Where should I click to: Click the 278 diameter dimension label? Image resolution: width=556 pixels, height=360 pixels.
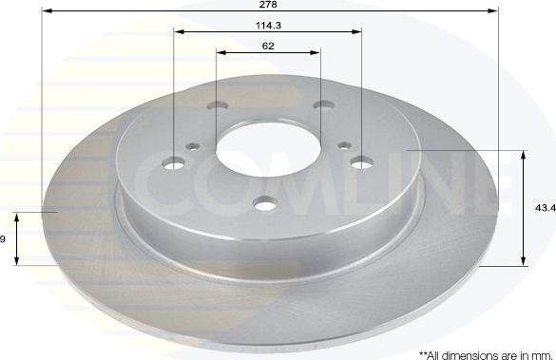pyautogui.click(x=269, y=5)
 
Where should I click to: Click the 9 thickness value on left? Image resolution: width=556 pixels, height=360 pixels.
pyautogui.click(x=3, y=239)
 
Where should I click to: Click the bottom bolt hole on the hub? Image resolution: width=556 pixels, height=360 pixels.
pyautogui.click(x=266, y=200)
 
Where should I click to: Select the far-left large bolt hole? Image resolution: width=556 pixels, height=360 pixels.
pyautogui.click(x=175, y=163)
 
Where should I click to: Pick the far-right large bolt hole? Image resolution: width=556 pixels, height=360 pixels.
pyautogui.click(x=361, y=163)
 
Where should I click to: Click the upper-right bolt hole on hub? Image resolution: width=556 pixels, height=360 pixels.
pyautogui.click(x=322, y=106)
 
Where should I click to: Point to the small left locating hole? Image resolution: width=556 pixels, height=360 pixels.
pyautogui.click(x=195, y=145)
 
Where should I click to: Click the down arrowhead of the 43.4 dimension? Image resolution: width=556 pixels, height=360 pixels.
pyautogui.click(x=524, y=261)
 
